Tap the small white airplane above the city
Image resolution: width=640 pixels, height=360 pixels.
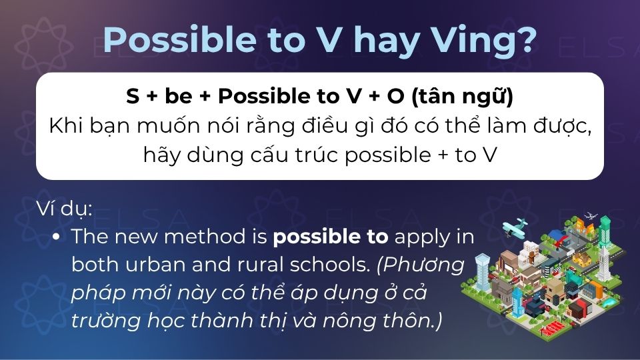point(590,216)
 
